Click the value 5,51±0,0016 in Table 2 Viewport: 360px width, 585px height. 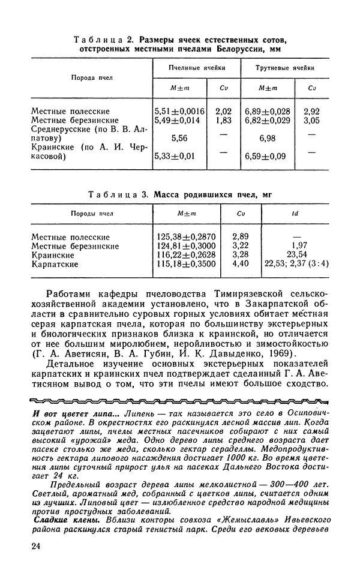point(180,111)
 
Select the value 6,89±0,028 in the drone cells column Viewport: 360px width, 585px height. point(267,111)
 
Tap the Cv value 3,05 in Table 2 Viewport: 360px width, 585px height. point(311,121)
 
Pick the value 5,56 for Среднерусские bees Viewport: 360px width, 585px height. point(179,138)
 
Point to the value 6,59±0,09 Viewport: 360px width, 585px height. point(265,157)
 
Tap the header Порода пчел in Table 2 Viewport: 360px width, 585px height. point(91,78)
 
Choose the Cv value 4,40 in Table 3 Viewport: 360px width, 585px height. point(240,263)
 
